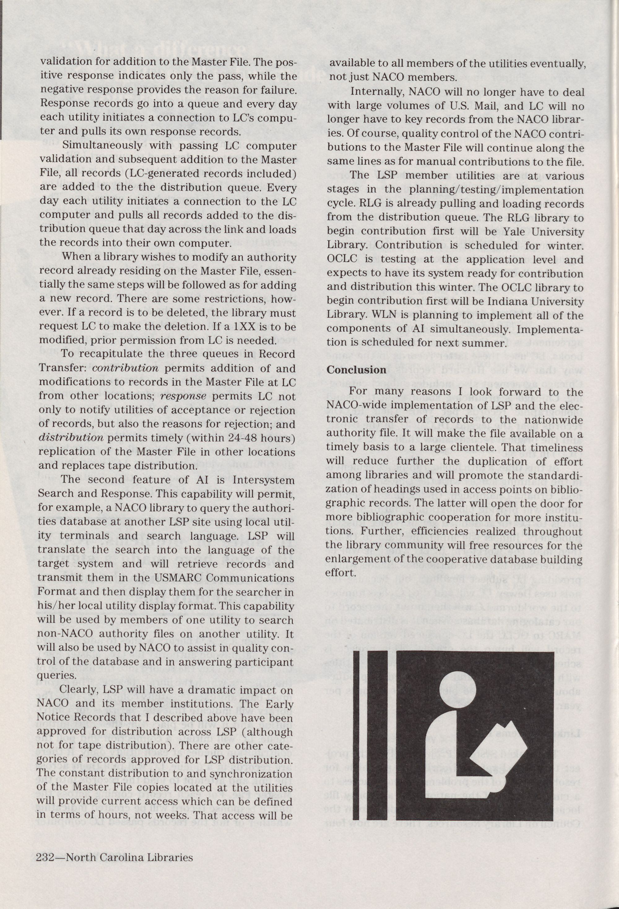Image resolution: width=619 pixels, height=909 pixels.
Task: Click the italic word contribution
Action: [x=126, y=369]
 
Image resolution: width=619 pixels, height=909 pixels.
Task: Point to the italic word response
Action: [x=183, y=396]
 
